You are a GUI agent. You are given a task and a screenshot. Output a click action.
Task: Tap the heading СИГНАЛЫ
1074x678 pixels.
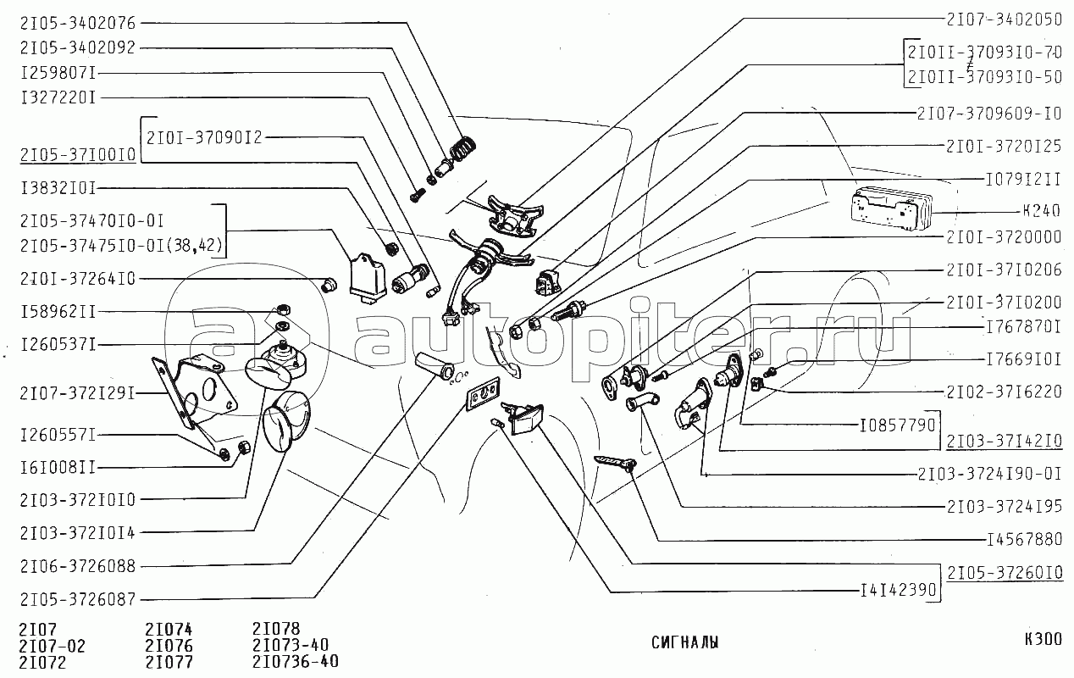[685, 642]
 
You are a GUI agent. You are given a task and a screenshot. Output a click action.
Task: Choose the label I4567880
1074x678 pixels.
[1024, 538]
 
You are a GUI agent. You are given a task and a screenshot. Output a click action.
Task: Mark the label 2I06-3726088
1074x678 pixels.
[77, 565]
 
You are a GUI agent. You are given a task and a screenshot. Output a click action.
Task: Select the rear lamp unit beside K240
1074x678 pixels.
[889, 210]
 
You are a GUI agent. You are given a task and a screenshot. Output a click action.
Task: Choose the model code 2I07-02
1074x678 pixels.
[52, 646]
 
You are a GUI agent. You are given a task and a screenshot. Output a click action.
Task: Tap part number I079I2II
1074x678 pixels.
[1023, 179]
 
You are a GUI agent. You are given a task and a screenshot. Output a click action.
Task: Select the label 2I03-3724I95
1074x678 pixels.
[1004, 506]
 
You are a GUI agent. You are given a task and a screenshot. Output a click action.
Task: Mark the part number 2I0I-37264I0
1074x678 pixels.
[77, 278]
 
